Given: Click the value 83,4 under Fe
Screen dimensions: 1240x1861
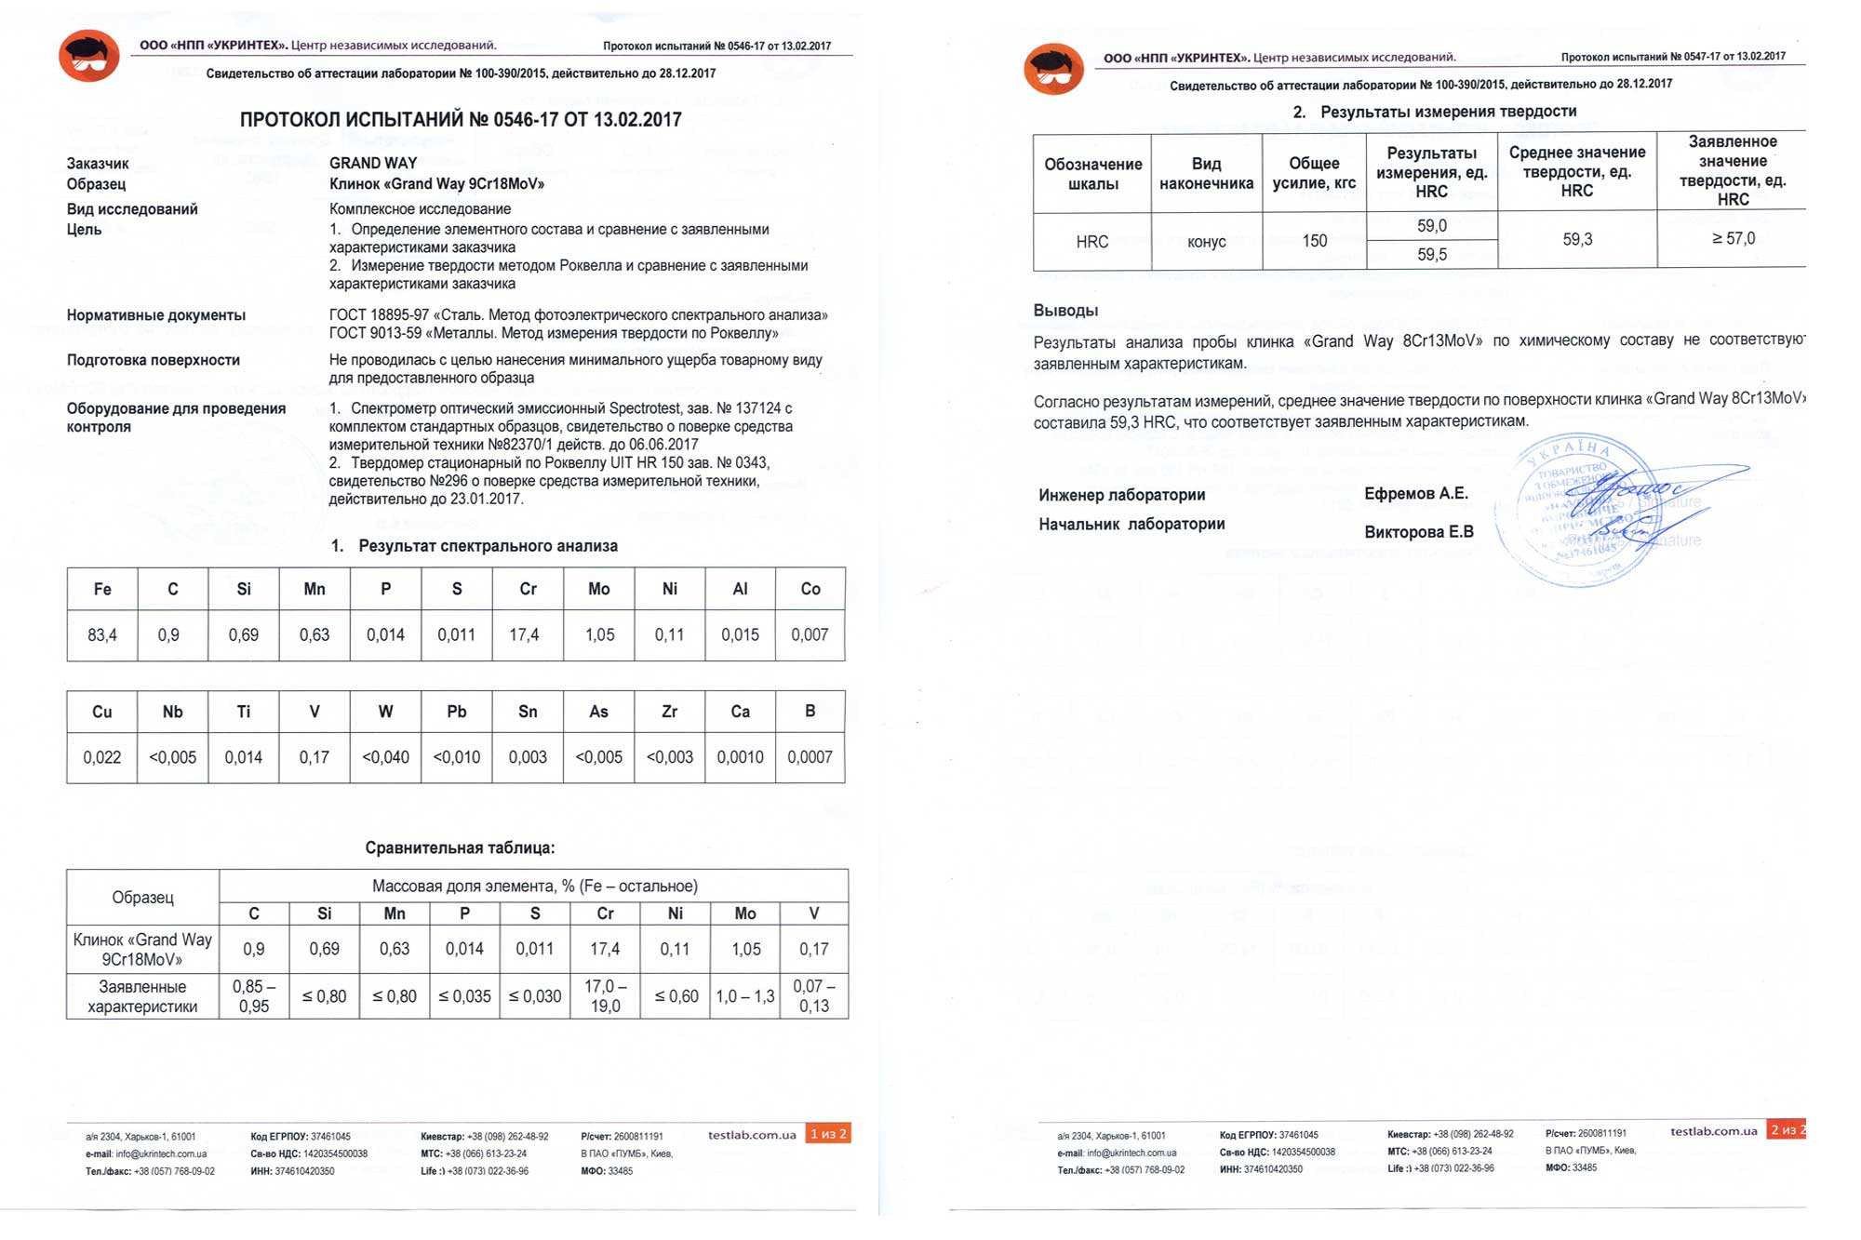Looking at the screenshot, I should (102, 635).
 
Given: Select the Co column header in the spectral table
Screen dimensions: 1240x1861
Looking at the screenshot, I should (810, 589).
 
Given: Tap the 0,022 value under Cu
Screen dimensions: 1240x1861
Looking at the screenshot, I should (102, 757).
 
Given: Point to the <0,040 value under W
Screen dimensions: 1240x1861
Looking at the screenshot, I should (385, 757).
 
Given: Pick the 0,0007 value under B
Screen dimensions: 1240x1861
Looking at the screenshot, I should (810, 757).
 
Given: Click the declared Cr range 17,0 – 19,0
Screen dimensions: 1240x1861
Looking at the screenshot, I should (605, 995).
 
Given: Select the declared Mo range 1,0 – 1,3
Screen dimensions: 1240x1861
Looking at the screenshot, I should (745, 996).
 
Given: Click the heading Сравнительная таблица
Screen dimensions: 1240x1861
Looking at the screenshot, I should (460, 847).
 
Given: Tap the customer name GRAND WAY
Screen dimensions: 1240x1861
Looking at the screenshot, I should (373, 163).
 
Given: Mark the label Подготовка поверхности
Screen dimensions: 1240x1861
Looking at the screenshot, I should (154, 360).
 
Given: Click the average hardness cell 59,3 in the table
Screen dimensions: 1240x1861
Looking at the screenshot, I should (1577, 239).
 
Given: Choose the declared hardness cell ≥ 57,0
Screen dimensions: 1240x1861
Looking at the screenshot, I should (1733, 238).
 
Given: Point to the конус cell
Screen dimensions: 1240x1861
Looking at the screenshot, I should (1207, 241).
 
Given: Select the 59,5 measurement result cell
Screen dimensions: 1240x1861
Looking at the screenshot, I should (1431, 254).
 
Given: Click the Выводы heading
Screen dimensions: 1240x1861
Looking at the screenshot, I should (1065, 310).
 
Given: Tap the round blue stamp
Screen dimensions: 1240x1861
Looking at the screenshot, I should (1573, 512).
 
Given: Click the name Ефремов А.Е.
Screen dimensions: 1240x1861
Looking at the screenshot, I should (1416, 493).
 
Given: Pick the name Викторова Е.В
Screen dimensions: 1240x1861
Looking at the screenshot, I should (1419, 532).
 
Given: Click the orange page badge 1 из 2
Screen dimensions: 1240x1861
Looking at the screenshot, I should (828, 1133).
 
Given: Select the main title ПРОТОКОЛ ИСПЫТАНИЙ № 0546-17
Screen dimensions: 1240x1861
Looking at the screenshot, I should (461, 119).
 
